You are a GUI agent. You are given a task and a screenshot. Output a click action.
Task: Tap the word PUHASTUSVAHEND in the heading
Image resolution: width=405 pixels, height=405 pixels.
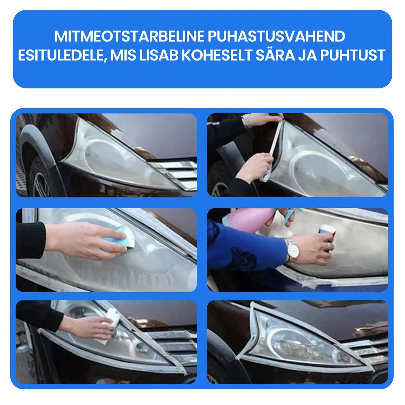click(x=276, y=36)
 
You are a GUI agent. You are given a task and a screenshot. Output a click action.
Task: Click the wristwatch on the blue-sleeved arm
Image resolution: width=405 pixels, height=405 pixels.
click(x=291, y=250)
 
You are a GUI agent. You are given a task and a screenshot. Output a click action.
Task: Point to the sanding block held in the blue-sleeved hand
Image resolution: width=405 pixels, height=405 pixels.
click(x=327, y=236)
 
